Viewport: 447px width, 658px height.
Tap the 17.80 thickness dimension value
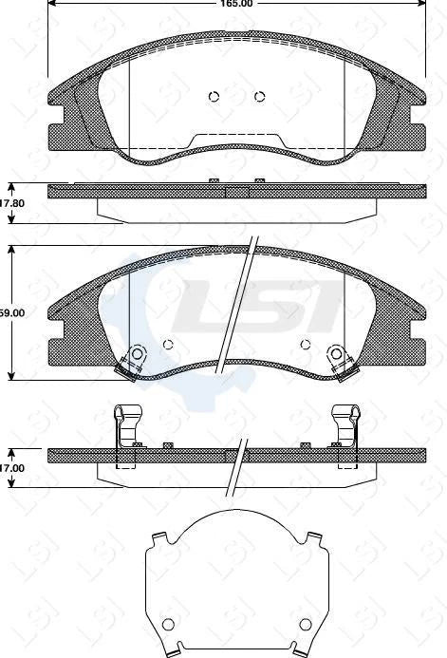[x=11, y=203]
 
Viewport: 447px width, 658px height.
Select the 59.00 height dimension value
[x=11, y=311]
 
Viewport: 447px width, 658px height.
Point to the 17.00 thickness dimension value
[x=11, y=468]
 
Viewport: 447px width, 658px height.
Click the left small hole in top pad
[x=214, y=95]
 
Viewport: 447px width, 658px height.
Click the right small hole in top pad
[x=260, y=95]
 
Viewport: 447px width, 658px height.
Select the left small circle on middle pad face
[x=168, y=345]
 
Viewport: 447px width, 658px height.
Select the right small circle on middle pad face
[x=305, y=345]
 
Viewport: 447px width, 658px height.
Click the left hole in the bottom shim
[x=169, y=625]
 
